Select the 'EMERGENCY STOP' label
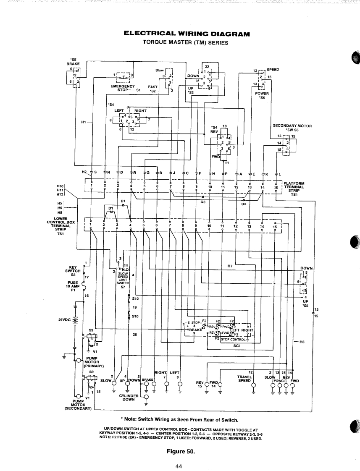coord(122,88)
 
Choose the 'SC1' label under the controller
coord(236,346)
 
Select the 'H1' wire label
coord(84,122)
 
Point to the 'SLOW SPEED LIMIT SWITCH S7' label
coord(123,280)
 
